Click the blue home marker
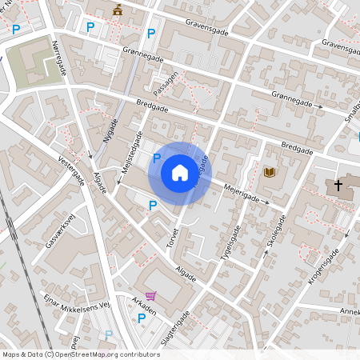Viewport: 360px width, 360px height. [179, 172]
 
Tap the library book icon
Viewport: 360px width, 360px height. [270, 172]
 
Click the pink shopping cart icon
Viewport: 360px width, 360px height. [150, 296]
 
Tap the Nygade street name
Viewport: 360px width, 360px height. [110, 130]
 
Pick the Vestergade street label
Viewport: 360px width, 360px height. [72, 170]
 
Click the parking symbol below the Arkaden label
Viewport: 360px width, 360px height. [142, 318]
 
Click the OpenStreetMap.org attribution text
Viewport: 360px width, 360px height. [103, 354]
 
